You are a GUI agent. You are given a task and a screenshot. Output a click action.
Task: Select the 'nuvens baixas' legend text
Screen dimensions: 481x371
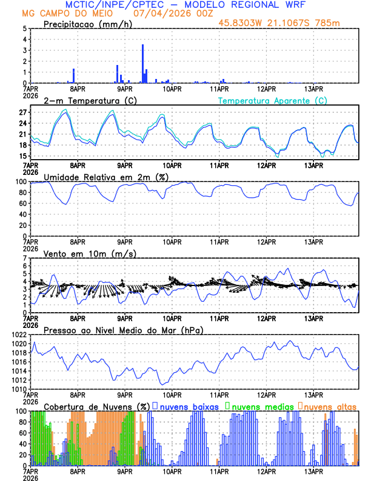[189, 406]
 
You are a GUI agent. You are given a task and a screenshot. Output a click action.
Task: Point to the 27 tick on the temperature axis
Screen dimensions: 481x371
[22, 112]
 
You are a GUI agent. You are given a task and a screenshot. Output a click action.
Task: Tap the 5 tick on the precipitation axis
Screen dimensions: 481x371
[24, 28]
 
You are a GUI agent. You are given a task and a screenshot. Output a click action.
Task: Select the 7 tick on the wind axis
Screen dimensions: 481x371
[24, 258]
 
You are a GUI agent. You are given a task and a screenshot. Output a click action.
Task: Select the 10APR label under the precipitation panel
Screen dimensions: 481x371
[172, 88]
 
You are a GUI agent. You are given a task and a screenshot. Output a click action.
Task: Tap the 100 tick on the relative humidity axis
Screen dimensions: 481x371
[20, 181]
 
